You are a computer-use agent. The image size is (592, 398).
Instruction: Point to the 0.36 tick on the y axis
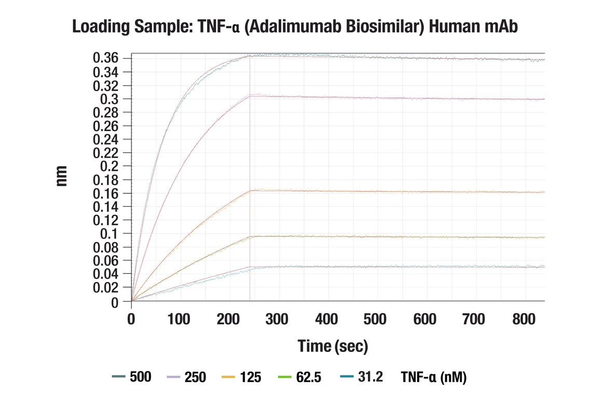[x=106, y=58]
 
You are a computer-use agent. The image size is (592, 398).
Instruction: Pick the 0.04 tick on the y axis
[x=106, y=274]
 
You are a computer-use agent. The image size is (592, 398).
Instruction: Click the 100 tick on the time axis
[x=180, y=319]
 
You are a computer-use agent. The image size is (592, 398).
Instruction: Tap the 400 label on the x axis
[x=326, y=319]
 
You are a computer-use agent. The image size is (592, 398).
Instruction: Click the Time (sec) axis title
[x=333, y=346]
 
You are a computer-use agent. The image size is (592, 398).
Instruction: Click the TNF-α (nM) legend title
[x=433, y=377]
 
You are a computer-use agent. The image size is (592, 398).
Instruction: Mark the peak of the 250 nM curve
[x=250, y=96]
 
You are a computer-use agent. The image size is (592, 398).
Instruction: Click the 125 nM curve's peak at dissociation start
[x=250, y=191]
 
